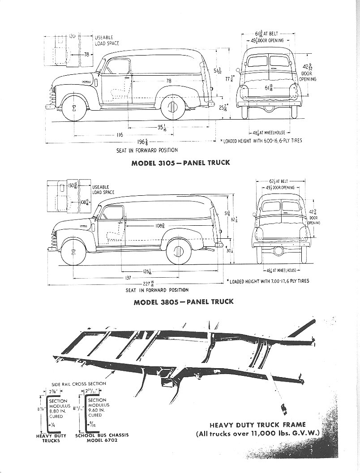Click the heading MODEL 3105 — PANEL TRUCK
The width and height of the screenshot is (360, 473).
coord(180,163)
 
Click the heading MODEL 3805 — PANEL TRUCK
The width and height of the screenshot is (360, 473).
coord(184,301)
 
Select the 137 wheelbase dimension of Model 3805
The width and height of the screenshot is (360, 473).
coord(128,278)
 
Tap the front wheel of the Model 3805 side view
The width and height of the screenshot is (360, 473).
coord(73,251)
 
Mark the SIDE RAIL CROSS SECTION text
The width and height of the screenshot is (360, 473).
coord(79,383)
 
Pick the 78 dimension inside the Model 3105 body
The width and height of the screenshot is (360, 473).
coord(168,81)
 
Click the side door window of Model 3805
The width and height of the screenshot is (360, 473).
coord(113,213)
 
